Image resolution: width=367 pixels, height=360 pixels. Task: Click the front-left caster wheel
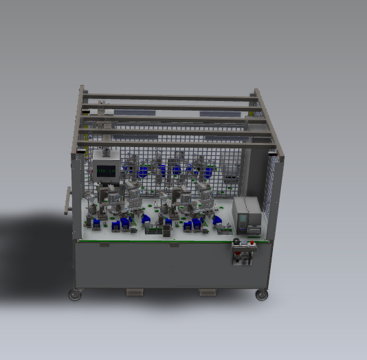74,295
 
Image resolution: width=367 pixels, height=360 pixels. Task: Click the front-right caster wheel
261,295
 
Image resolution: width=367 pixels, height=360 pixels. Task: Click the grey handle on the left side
67,200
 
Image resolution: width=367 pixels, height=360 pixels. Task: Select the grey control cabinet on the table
247,216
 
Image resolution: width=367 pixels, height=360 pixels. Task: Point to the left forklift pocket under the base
134,293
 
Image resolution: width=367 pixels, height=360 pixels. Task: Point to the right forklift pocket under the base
208,293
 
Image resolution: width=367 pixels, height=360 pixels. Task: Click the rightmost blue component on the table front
217,221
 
